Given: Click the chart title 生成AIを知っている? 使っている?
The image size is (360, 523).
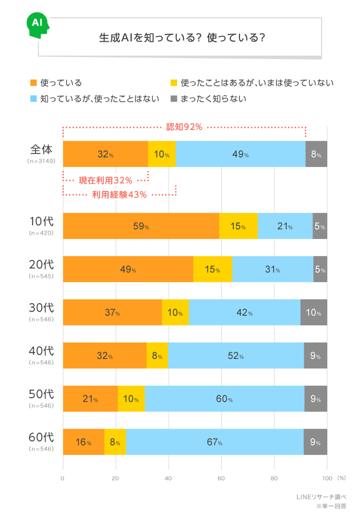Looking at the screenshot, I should point(182,38).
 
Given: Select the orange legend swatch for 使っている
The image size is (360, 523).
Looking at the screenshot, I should point(34,82).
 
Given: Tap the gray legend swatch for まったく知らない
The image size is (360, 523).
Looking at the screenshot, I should point(174,98).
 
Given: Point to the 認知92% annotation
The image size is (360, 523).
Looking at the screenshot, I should point(184,127).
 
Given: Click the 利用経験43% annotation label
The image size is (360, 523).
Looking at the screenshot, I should point(119,195).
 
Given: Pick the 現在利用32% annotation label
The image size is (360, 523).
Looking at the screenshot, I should point(105,179).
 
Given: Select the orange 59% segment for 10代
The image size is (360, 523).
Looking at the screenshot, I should point(141,226).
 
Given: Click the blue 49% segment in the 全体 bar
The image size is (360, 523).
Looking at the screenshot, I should point(240,154).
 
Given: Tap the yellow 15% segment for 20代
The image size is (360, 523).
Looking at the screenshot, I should point(212,269).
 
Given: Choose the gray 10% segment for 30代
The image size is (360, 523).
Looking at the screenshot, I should point(313,313).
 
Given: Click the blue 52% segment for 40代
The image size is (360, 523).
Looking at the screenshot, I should point(235,356).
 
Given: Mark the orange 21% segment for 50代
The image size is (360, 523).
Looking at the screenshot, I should point(90,399).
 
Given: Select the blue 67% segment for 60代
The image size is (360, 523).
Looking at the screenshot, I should point(214,442).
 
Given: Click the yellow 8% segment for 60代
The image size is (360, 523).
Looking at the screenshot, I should point(115,442).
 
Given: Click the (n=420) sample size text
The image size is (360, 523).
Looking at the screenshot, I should point(41,233).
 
